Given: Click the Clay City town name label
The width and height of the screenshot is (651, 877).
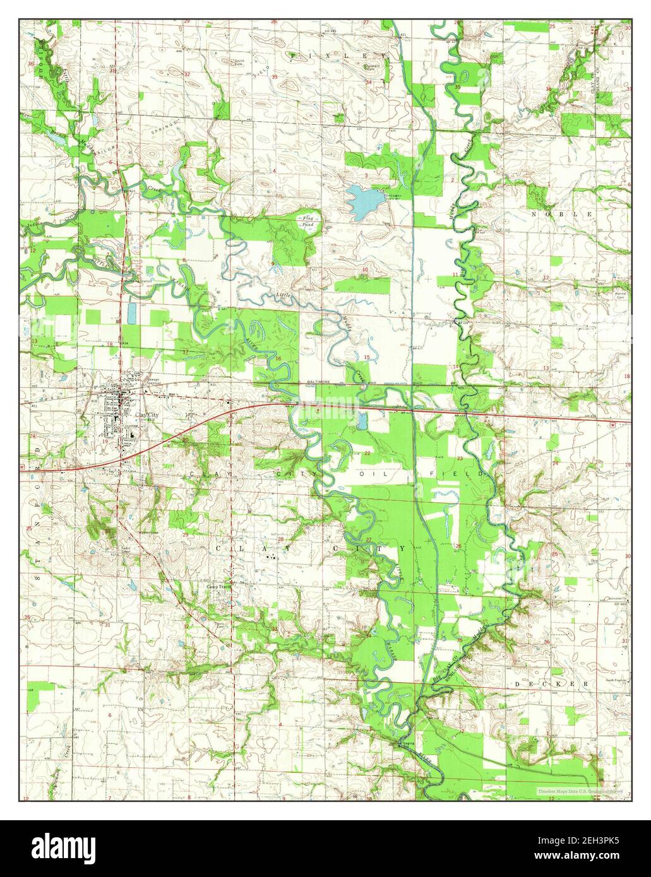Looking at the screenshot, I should coord(146,414).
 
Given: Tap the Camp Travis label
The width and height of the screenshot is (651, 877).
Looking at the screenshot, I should coord(219,586).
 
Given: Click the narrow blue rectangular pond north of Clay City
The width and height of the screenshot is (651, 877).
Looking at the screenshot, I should coord(131,312).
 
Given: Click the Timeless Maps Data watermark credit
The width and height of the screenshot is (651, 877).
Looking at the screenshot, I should coord(579,791).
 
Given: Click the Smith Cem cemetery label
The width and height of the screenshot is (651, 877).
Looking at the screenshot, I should coord(239,63).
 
